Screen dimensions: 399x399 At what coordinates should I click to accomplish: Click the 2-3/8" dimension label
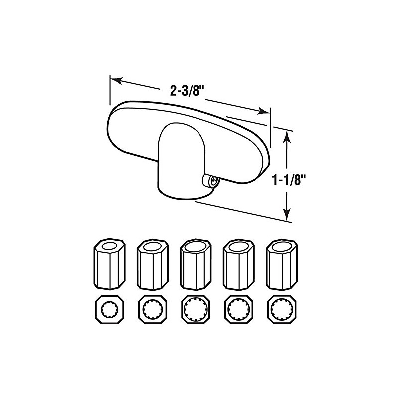click(187, 91)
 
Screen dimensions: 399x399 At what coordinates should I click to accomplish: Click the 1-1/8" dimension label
click(289, 181)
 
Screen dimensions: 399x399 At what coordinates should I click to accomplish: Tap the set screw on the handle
click(210, 181)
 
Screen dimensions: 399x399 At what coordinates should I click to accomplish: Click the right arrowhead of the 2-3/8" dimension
click(264, 111)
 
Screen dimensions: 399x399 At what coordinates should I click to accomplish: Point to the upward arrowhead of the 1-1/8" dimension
click(287, 136)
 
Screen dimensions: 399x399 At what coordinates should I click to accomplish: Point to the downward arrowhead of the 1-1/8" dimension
click(287, 214)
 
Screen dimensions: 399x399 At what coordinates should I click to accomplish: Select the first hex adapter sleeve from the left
click(109, 264)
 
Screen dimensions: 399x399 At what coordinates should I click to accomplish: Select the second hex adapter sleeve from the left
click(152, 264)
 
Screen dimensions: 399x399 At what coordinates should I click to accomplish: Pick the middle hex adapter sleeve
click(196, 264)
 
